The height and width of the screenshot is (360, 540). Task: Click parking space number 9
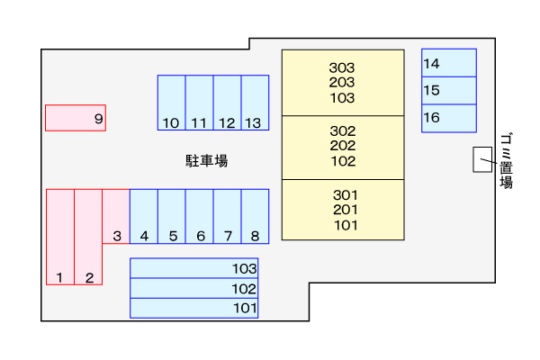point(76,118)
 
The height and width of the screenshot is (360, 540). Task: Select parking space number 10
point(171,103)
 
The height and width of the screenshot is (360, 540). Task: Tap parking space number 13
point(255,103)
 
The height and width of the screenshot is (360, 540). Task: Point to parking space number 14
point(448,63)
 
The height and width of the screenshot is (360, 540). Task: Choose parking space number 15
point(448,90)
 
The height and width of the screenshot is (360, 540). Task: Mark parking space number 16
point(448,118)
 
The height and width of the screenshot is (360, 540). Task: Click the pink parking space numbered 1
point(60,237)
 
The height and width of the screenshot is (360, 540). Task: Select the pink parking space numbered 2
point(88,237)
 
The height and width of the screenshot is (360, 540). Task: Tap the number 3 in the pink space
point(117,237)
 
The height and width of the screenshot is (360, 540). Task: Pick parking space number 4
point(144,216)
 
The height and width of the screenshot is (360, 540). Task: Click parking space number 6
point(200,216)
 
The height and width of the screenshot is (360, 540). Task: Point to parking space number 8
point(255,216)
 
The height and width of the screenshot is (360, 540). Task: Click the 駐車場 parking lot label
point(206,161)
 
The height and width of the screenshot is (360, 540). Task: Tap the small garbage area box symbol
point(483,159)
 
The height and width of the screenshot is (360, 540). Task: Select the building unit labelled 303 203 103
point(342,82)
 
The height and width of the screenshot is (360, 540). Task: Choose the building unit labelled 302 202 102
point(342,147)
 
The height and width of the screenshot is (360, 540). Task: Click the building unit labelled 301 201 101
point(342,210)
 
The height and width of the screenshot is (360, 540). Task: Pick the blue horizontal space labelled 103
point(195,268)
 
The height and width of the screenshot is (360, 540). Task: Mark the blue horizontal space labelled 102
point(195,288)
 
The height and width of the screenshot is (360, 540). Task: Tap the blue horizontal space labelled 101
point(195,308)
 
